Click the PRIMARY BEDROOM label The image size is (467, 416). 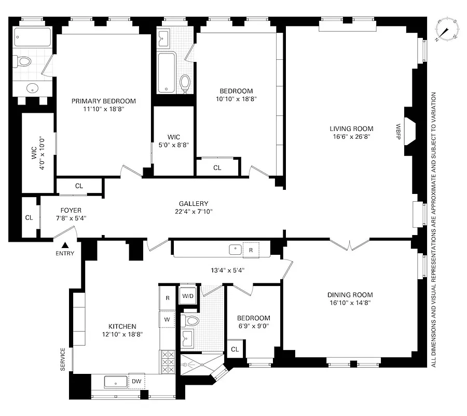(103, 101)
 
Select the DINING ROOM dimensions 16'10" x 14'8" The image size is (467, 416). (351, 303)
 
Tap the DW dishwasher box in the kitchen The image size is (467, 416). (136, 381)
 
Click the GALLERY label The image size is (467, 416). (194, 203)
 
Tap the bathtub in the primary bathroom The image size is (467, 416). (33, 37)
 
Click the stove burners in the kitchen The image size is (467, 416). (167, 361)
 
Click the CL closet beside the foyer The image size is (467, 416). (29, 217)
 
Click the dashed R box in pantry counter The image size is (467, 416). (251, 250)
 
